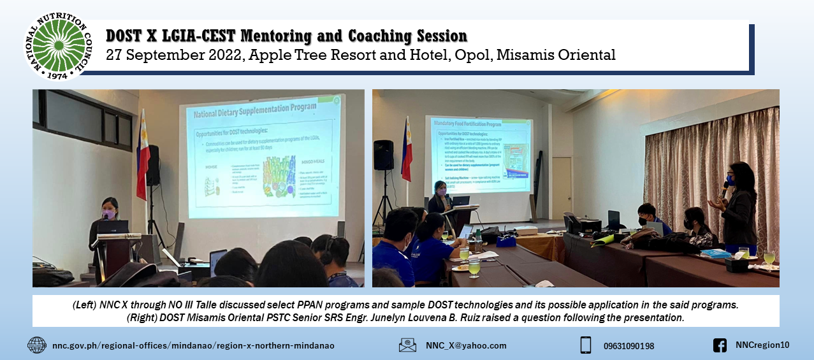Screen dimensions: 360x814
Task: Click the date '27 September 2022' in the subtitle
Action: [173, 55]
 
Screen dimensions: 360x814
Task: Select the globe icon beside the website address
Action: [36, 345]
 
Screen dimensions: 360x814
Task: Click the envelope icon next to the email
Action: [407, 345]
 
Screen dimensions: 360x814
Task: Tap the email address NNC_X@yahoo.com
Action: [466, 346]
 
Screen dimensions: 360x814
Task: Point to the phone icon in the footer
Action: [585, 345]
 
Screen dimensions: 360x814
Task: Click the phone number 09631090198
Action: [629, 346]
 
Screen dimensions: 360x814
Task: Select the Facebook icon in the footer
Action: [720, 345]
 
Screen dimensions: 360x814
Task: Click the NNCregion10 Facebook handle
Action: [762, 345]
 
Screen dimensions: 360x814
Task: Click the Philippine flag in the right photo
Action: [406, 150]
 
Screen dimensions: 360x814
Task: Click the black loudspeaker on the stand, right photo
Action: [384, 155]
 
